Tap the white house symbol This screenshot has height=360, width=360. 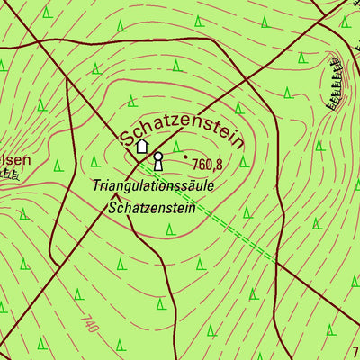pos(141,145)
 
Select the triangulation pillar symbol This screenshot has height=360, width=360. pos(158,161)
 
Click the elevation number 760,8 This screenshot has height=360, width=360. pos(207,165)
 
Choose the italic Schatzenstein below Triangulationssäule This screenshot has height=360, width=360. pos(151,206)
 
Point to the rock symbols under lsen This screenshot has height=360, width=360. pos(9,174)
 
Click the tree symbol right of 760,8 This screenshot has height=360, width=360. pos(219,163)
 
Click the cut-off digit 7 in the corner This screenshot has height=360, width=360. pos(355,352)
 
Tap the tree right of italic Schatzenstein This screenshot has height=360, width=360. pos(246,212)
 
